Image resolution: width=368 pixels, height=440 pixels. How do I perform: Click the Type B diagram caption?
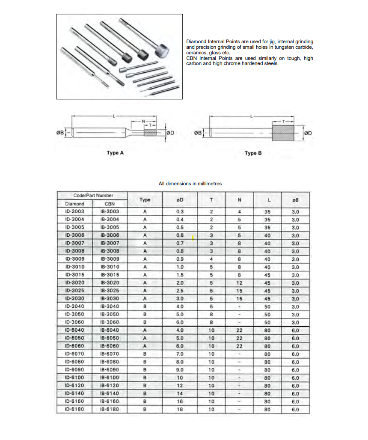[253, 153]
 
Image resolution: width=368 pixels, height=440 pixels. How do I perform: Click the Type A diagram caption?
[115, 153]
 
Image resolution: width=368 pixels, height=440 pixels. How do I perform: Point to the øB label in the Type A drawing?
[60, 133]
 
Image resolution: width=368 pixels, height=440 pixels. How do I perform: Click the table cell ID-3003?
[74, 211]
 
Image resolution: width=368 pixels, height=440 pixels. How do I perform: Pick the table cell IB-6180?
[110, 409]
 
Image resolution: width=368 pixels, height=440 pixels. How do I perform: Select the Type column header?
[145, 199]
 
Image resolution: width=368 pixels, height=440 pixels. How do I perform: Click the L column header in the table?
[267, 200]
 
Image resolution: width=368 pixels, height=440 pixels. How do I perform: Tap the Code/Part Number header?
[93, 196]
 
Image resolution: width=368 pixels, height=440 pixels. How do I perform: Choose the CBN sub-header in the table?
[110, 204]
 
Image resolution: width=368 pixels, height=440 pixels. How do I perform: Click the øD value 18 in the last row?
[180, 409]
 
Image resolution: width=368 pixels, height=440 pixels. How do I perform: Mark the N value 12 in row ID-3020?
[240, 283]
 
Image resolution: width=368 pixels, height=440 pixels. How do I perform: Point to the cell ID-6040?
[74, 330]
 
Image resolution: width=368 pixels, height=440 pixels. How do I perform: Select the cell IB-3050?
[110, 314]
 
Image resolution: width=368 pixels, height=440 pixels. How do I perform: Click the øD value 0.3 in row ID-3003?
[180, 211]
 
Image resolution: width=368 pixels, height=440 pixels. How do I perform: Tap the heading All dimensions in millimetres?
[190, 184]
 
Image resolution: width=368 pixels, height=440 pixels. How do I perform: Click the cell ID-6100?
[74, 378]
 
